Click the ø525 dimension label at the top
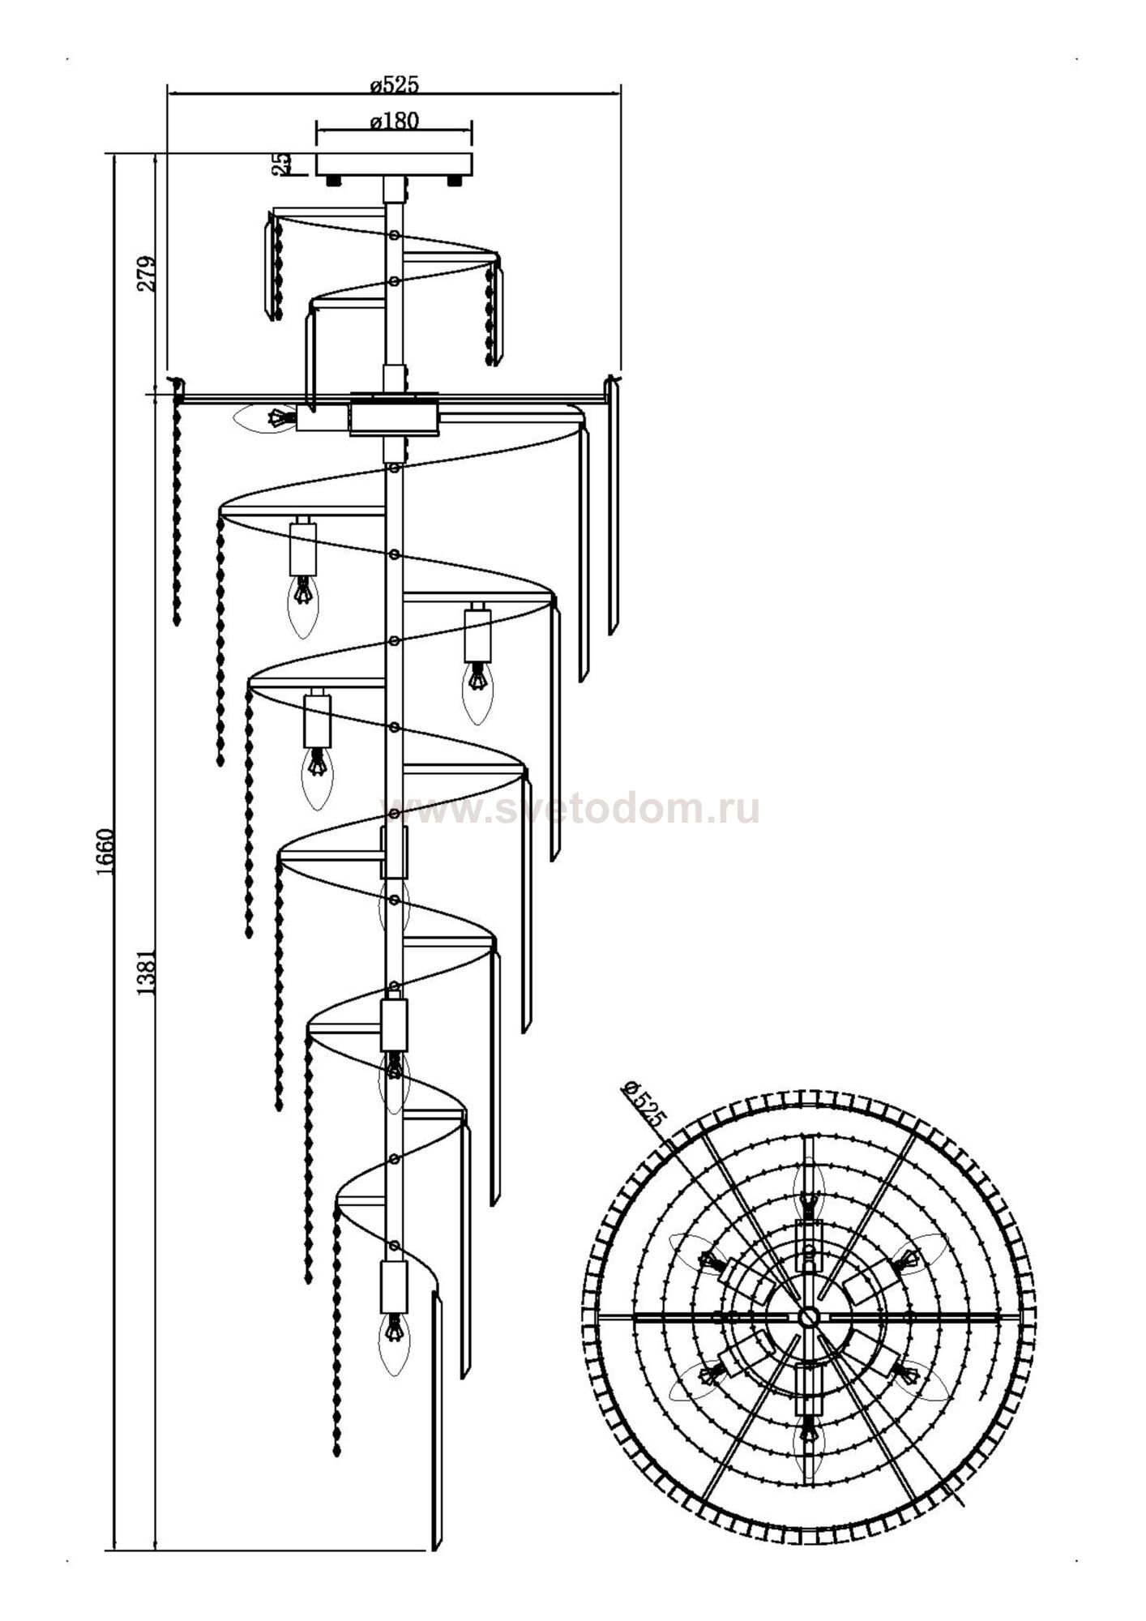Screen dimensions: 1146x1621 (395, 84)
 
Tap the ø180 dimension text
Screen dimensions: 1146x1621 (395, 122)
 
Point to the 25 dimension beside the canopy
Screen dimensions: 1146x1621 (281, 165)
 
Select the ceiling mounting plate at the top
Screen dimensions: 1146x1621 (394, 164)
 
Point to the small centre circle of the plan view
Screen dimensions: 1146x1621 (807, 1315)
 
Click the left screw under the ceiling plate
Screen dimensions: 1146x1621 (333, 181)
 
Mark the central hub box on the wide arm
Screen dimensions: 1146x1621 (394, 420)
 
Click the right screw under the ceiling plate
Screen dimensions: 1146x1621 (455, 181)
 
